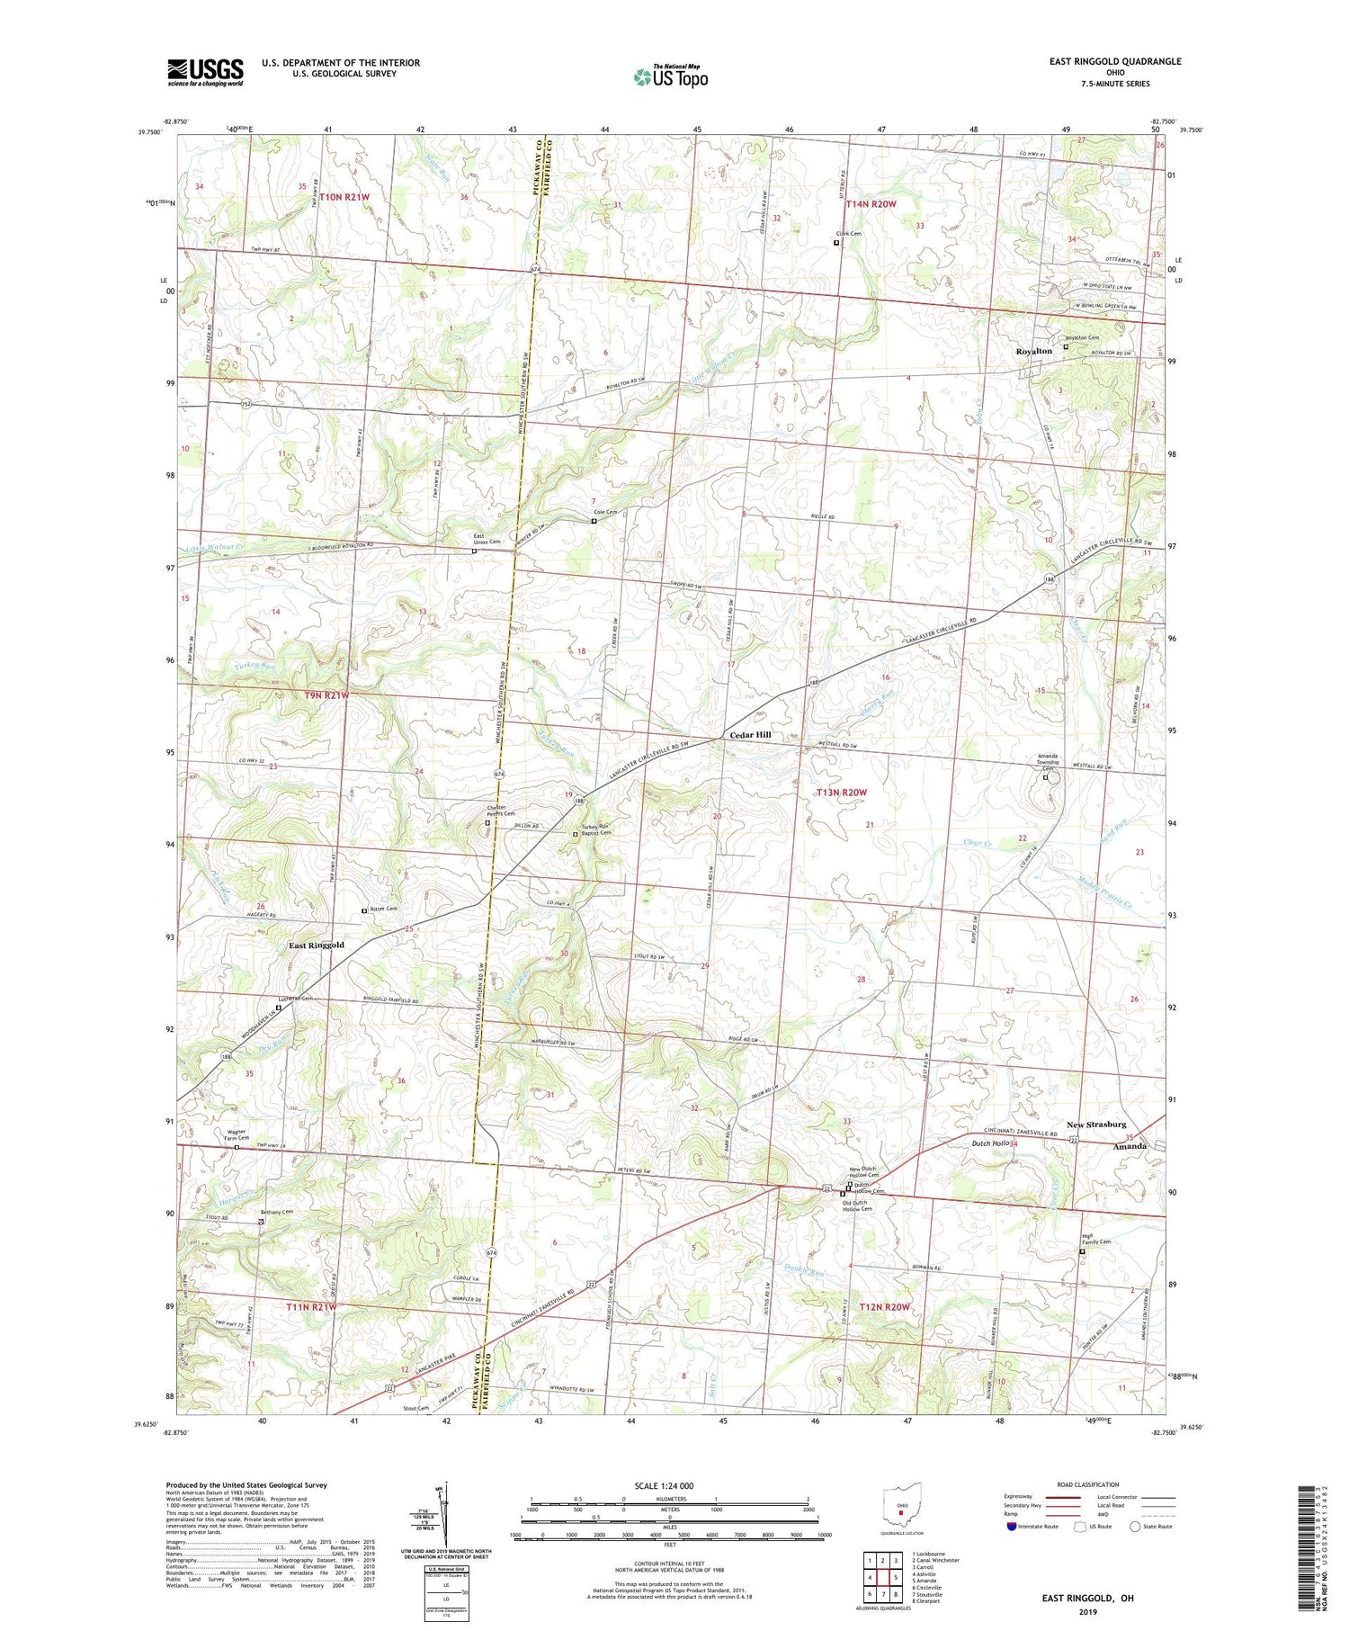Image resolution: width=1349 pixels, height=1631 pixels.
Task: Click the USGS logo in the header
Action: [x=205, y=71]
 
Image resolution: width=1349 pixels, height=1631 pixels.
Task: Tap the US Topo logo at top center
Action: [x=670, y=76]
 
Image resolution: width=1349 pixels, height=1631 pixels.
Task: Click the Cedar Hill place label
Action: [x=749, y=735]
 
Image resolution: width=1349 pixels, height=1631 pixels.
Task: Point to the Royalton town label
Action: [x=1033, y=351]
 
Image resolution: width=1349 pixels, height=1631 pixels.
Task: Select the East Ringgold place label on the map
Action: [x=316, y=945]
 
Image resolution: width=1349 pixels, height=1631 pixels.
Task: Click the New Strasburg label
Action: [x=1095, y=1125]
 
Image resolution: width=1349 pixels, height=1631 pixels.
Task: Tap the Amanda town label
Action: [x=1130, y=1146]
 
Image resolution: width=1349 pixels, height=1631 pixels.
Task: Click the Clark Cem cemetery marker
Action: [x=836, y=242]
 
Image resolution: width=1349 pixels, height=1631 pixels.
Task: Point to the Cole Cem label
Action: [x=604, y=512]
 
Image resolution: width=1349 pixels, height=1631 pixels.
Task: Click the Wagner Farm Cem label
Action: [x=237, y=1135]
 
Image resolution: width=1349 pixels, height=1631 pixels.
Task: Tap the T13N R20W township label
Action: [x=842, y=793]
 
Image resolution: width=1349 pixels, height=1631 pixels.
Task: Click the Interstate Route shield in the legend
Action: [x=1011, y=1526]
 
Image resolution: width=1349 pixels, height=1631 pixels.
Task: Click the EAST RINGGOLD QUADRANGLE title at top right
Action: [x=1114, y=61]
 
